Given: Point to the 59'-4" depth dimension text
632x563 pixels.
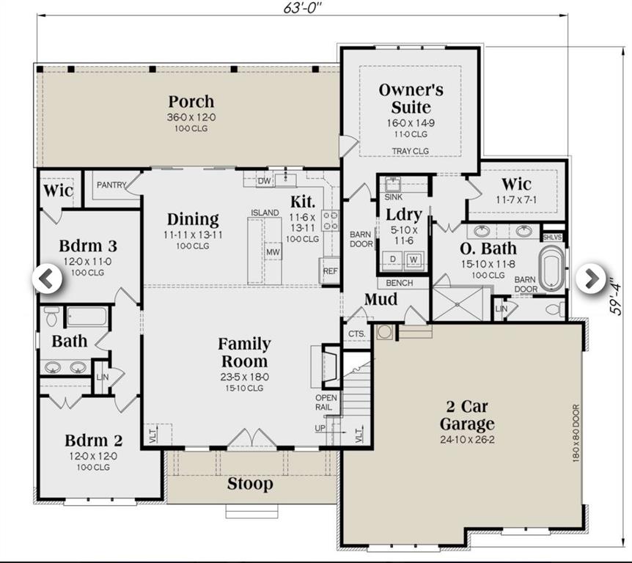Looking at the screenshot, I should pos(617,292).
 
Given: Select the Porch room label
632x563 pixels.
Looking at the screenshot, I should pos(191,101).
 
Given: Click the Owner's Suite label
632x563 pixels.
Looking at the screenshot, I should pos(411,99).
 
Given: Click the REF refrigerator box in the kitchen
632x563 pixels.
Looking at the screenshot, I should pos(330,271).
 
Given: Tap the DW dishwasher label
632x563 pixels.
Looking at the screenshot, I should pos(265,181).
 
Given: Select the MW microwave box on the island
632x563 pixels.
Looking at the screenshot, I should pos(273,252).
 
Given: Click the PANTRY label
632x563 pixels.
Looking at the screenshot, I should pos(111,185).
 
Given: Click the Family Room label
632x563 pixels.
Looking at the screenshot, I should pos(244,352).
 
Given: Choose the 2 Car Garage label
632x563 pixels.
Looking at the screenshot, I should pos(467,415).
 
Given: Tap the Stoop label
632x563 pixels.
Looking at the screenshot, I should pos(249,484).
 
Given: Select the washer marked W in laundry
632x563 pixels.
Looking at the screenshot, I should pos(414,259).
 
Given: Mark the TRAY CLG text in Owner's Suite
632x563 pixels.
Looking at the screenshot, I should pos(411,151).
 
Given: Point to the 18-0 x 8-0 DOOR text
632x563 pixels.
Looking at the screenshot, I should pos(576,433).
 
